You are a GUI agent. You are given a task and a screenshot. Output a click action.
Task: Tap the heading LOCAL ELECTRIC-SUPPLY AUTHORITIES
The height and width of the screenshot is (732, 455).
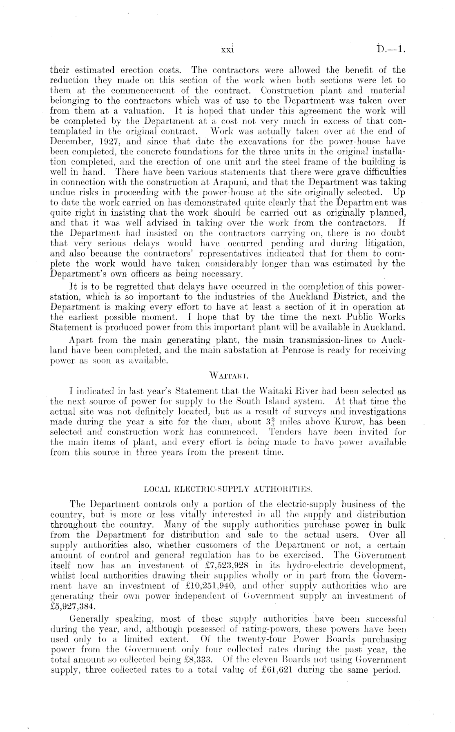pyautogui.click(x=227, y=488)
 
